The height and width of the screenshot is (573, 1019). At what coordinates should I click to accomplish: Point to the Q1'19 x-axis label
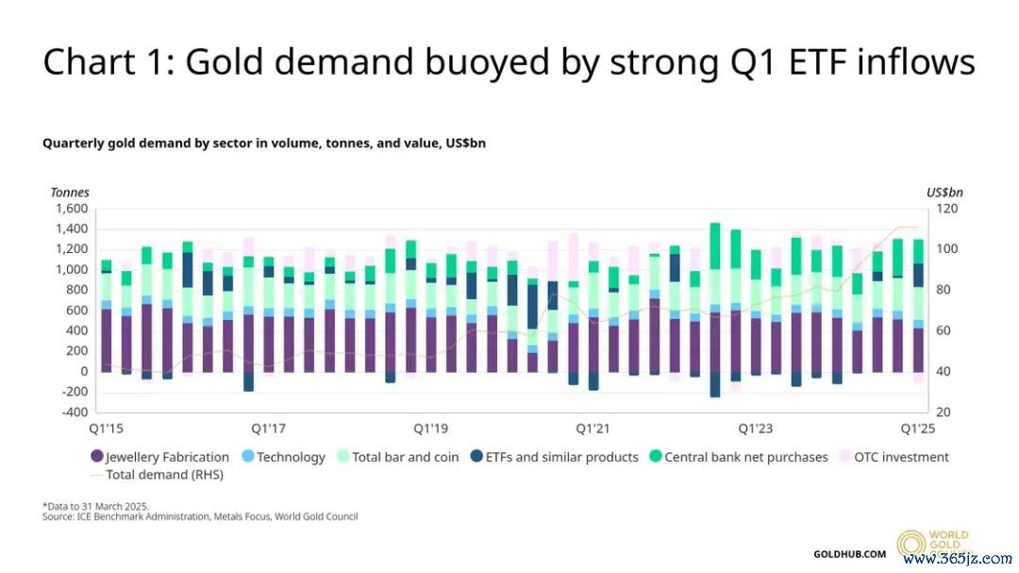tap(430, 429)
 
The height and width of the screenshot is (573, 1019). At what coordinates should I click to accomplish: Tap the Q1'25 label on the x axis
tap(917, 429)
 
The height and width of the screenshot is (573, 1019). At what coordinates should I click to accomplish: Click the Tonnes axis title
tap(70, 192)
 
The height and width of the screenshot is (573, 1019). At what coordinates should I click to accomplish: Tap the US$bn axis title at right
tap(944, 192)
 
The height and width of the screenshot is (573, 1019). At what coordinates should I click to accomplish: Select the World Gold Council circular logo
tap(911, 545)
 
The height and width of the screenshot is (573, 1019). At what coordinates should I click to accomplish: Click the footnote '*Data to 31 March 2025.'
tap(96, 506)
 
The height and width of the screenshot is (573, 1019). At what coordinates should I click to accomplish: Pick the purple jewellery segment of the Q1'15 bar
tap(106, 340)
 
